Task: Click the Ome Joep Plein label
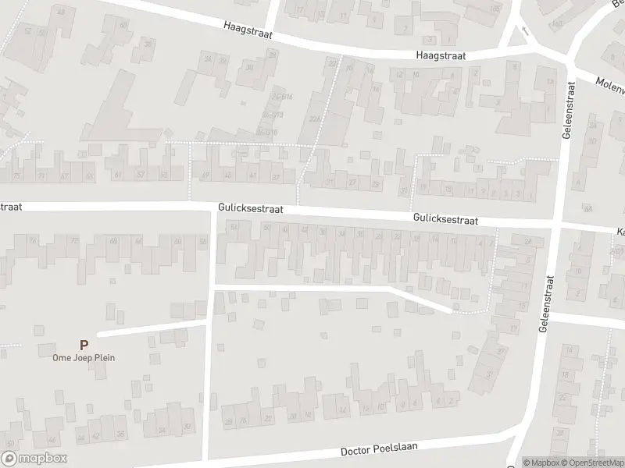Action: pyautogui.click(x=84, y=358)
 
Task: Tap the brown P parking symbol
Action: pyautogui.click(x=84, y=344)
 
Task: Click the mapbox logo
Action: pyautogui.click(x=34, y=459)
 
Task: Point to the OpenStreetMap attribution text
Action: pyautogui.click(x=591, y=463)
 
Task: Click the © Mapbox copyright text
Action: pyautogui.click(x=541, y=463)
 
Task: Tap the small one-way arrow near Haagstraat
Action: pyautogui.click(x=524, y=32)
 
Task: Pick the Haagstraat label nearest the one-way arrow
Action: pyautogui.click(x=440, y=56)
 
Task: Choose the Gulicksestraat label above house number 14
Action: pyautogui.click(x=445, y=221)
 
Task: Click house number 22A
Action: pyautogui.click(x=314, y=119)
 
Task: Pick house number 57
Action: pyautogui.click(x=141, y=175)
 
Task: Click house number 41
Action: pyautogui.click(x=252, y=176)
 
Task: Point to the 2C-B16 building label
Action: pyautogui.click(x=282, y=97)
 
